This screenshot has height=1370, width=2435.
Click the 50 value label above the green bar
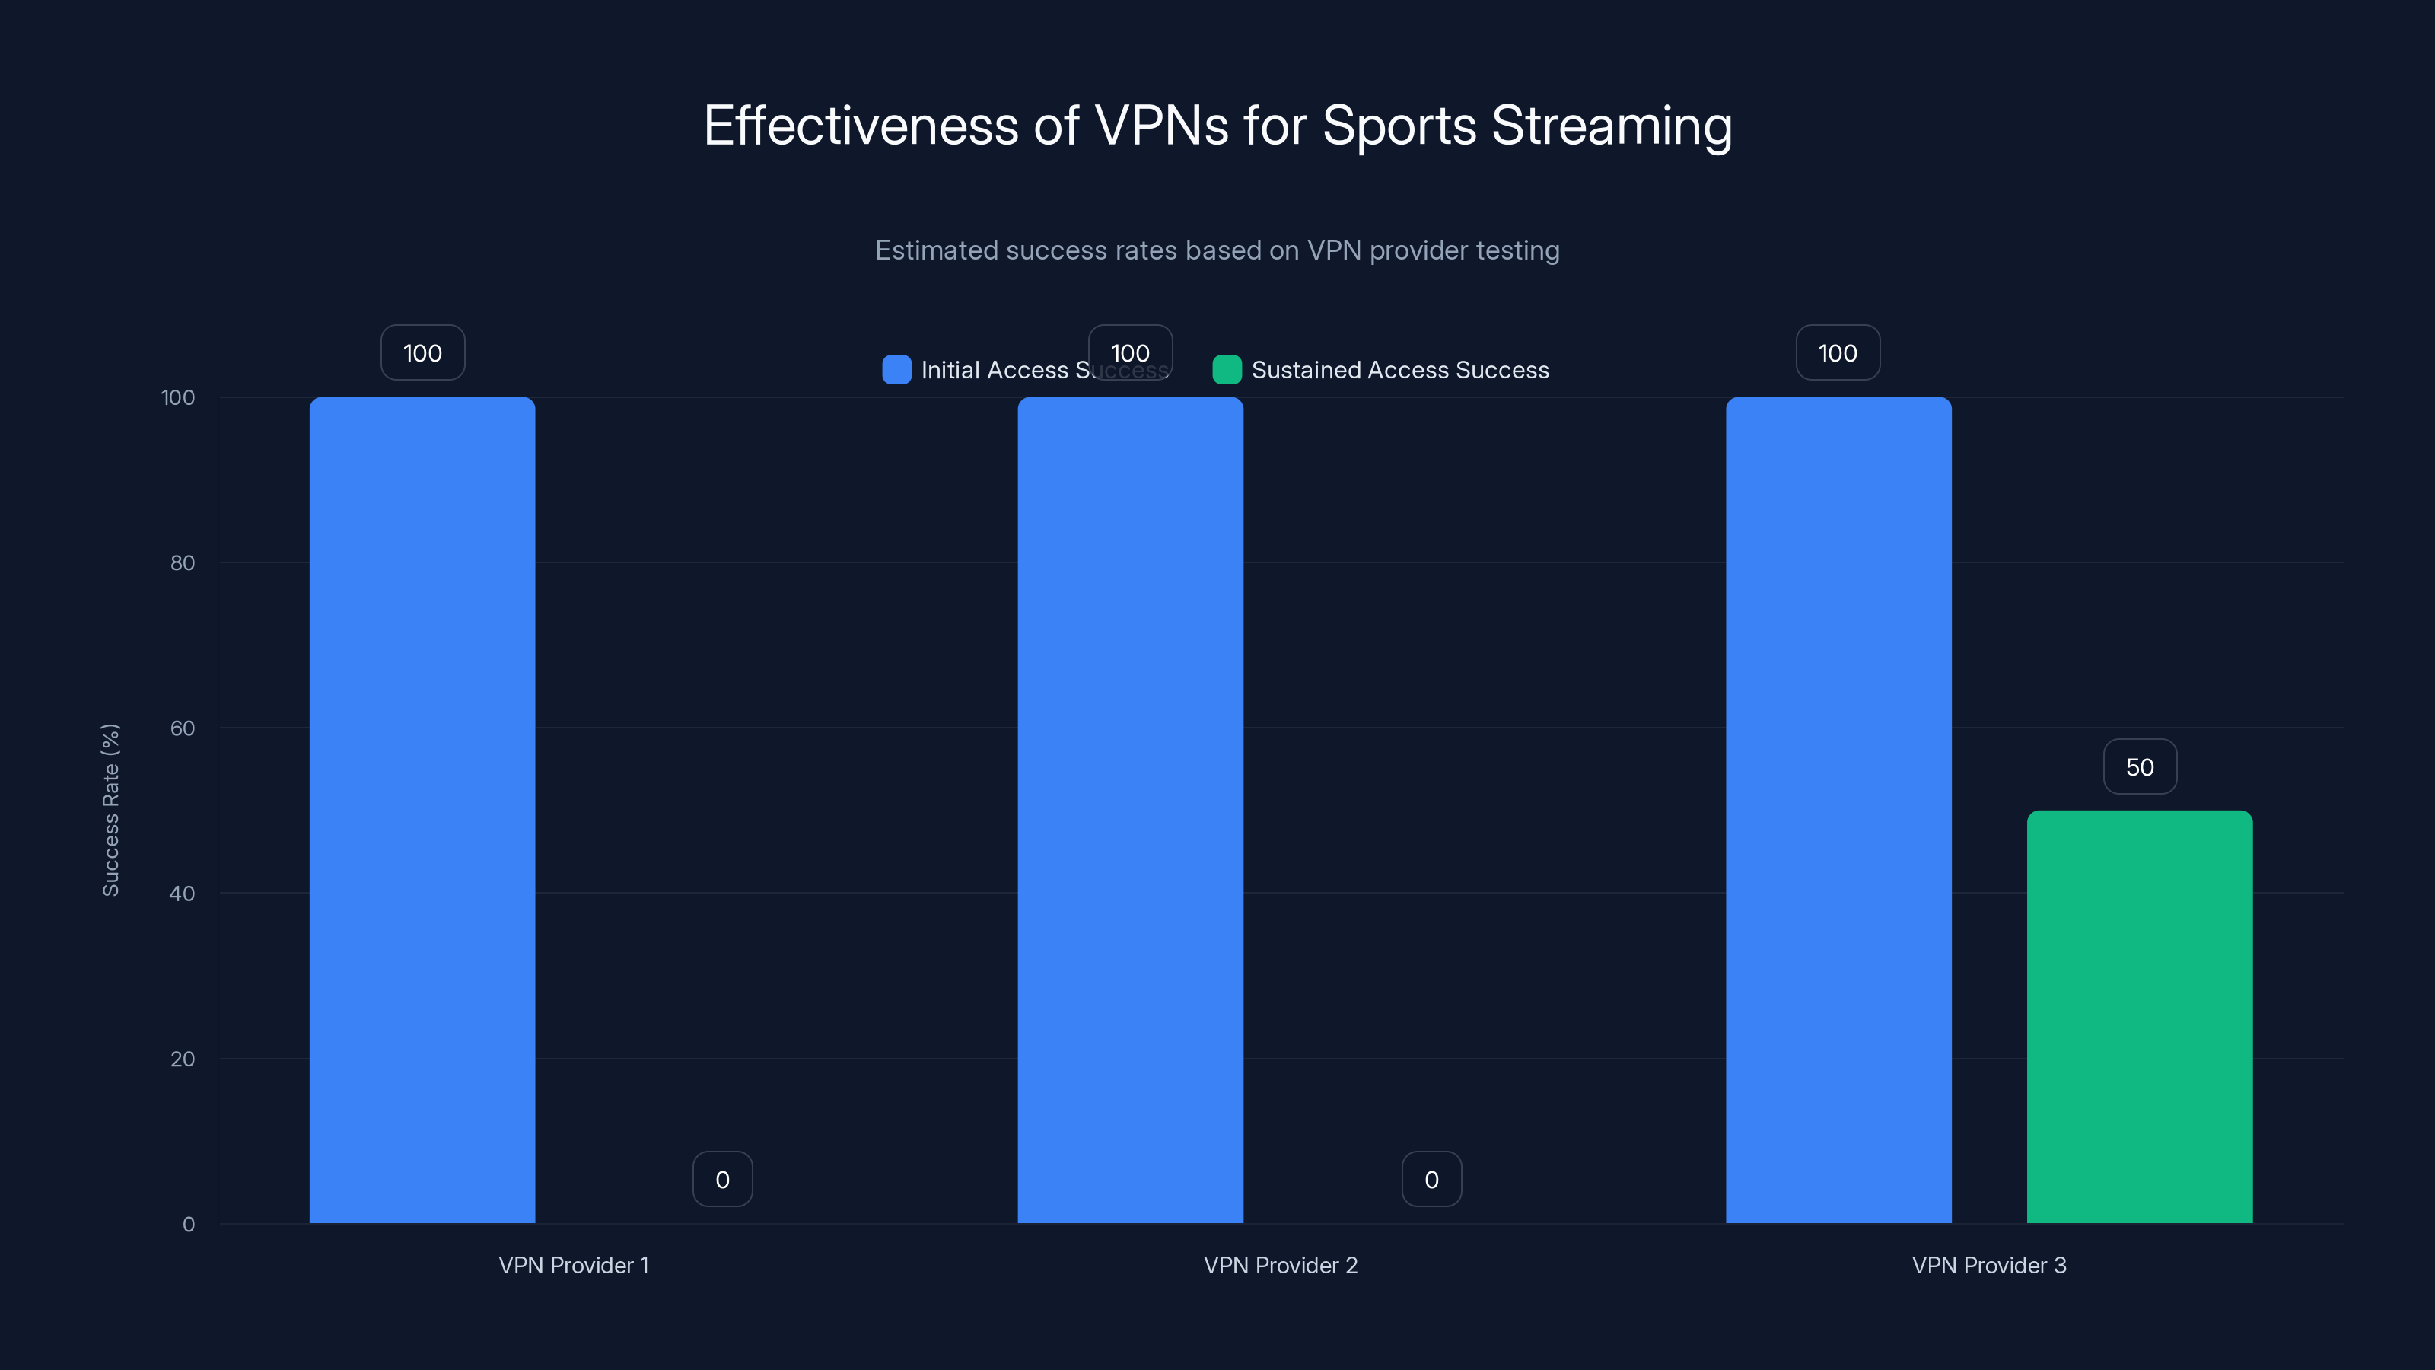[x=2139, y=766]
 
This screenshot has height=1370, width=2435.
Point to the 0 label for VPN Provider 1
[x=722, y=1179]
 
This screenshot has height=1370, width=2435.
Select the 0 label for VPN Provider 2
[x=1431, y=1179]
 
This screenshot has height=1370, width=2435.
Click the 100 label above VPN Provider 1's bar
[x=422, y=352]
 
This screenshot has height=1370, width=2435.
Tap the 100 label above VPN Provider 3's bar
[x=1838, y=352]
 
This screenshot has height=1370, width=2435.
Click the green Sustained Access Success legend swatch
[x=1226, y=370]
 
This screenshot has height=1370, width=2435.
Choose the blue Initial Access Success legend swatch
[x=896, y=370]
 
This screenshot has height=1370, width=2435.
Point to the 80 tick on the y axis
[x=183, y=562]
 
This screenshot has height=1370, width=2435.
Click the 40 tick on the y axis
[x=183, y=894]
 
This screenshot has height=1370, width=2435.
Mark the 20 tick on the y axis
[x=183, y=1059]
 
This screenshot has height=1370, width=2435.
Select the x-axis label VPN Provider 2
[x=1280, y=1265]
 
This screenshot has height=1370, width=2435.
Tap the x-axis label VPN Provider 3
[x=1989, y=1265]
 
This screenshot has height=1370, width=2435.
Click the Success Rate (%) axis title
[x=110, y=809]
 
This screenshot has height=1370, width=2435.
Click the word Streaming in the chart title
[x=1612, y=126]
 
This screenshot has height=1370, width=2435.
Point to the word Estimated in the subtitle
[x=936, y=250]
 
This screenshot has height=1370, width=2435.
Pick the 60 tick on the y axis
[x=183, y=728]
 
